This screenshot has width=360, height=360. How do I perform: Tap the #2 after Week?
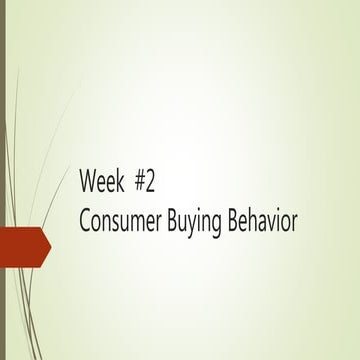[146, 185]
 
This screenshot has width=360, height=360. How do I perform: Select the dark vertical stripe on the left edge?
[3, 180]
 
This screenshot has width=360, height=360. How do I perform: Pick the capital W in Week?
[88, 185]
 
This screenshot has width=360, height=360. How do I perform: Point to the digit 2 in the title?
[152, 185]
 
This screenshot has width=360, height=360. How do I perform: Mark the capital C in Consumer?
[85, 220]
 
